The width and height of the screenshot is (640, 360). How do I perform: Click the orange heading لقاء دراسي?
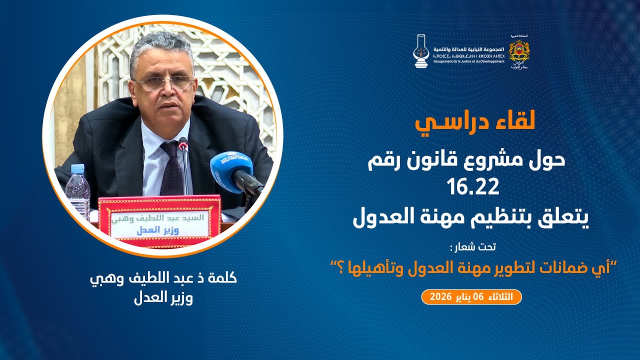pos(474,121)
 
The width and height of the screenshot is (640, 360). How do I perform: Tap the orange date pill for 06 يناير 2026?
pos(471,297)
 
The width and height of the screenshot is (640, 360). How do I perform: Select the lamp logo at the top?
pos(422,51)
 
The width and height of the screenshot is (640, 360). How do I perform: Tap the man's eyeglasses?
pos(163,82)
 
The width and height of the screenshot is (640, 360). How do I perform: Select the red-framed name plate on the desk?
pos(159,221)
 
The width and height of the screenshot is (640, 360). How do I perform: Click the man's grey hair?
pos(160,47)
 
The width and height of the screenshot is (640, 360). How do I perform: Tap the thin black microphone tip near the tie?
pos(183,145)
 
